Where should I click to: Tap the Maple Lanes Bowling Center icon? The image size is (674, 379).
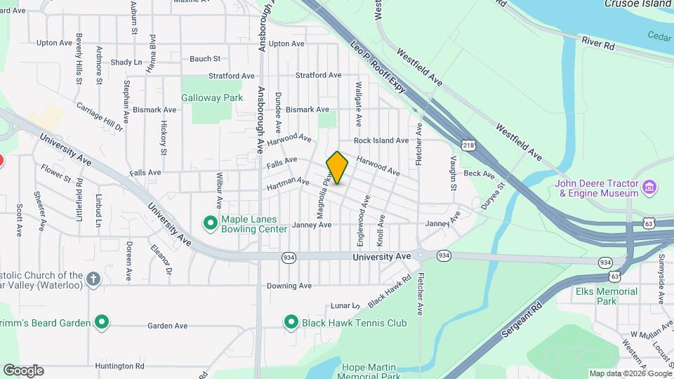[x=210, y=223]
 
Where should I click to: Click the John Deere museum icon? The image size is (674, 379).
[x=650, y=187]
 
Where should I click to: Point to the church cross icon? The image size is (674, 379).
[x=94, y=280]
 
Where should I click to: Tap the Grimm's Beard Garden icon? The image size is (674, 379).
[x=102, y=323]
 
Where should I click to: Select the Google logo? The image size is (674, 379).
[x=23, y=370]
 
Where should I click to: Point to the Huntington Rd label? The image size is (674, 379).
[x=121, y=366]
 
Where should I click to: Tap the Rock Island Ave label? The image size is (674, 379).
[x=381, y=140]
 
